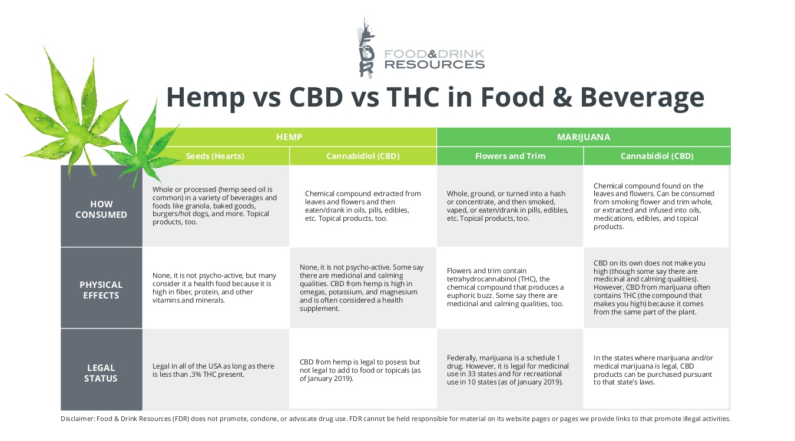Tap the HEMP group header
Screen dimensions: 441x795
click(x=289, y=137)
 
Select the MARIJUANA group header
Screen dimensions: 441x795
click(x=583, y=137)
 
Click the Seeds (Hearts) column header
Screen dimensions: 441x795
click(x=215, y=156)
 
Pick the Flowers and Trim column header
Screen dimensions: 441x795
click(x=510, y=156)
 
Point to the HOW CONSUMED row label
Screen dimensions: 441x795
click(x=101, y=210)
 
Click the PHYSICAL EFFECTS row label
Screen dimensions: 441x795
click(x=101, y=290)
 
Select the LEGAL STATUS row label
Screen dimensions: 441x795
click(x=101, y=373)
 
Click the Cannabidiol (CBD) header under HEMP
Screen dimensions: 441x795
click(x=363, y=156)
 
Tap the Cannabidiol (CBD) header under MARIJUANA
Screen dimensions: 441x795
click(x=657, y=156)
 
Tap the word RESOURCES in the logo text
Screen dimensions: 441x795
click(x=434, y=64)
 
